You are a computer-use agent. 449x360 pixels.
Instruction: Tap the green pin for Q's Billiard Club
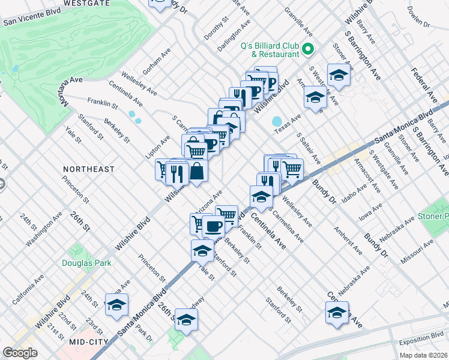click(309, 49)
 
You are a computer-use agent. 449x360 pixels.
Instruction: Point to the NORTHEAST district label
click(89, 169)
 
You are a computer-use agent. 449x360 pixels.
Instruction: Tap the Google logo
click(20, 353)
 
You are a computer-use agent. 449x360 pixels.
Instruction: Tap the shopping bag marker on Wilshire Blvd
click(197, 172)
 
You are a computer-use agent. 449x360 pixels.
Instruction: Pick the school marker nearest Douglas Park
click(116, 305)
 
